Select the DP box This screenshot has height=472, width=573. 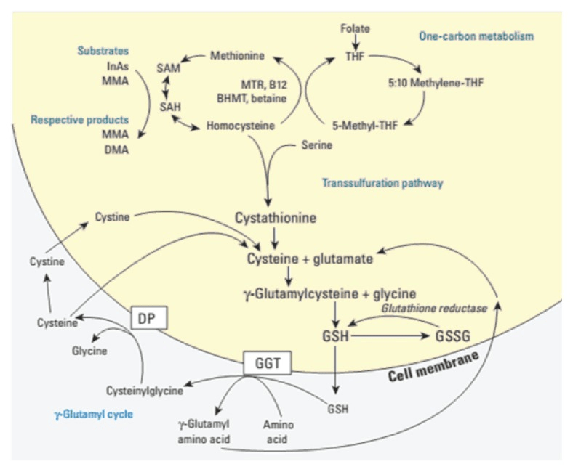pyautogui.click(x=147, y=317)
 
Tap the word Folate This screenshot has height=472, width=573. pyautogui.click(x=356, y=28)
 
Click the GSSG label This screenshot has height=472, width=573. pyautogui.click(x=452, y=338)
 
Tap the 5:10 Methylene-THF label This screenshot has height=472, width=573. pyautogui.click(x=436, y=83)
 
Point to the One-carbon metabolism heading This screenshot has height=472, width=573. pyautogui.click(x=476, y=36)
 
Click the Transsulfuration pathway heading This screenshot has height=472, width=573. pyautogui.click(x=382, y=183)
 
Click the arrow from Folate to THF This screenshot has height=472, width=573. pyautogui.click(x=356, y=42)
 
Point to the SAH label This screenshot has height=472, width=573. pyautogui.click(x=169, y=105)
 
